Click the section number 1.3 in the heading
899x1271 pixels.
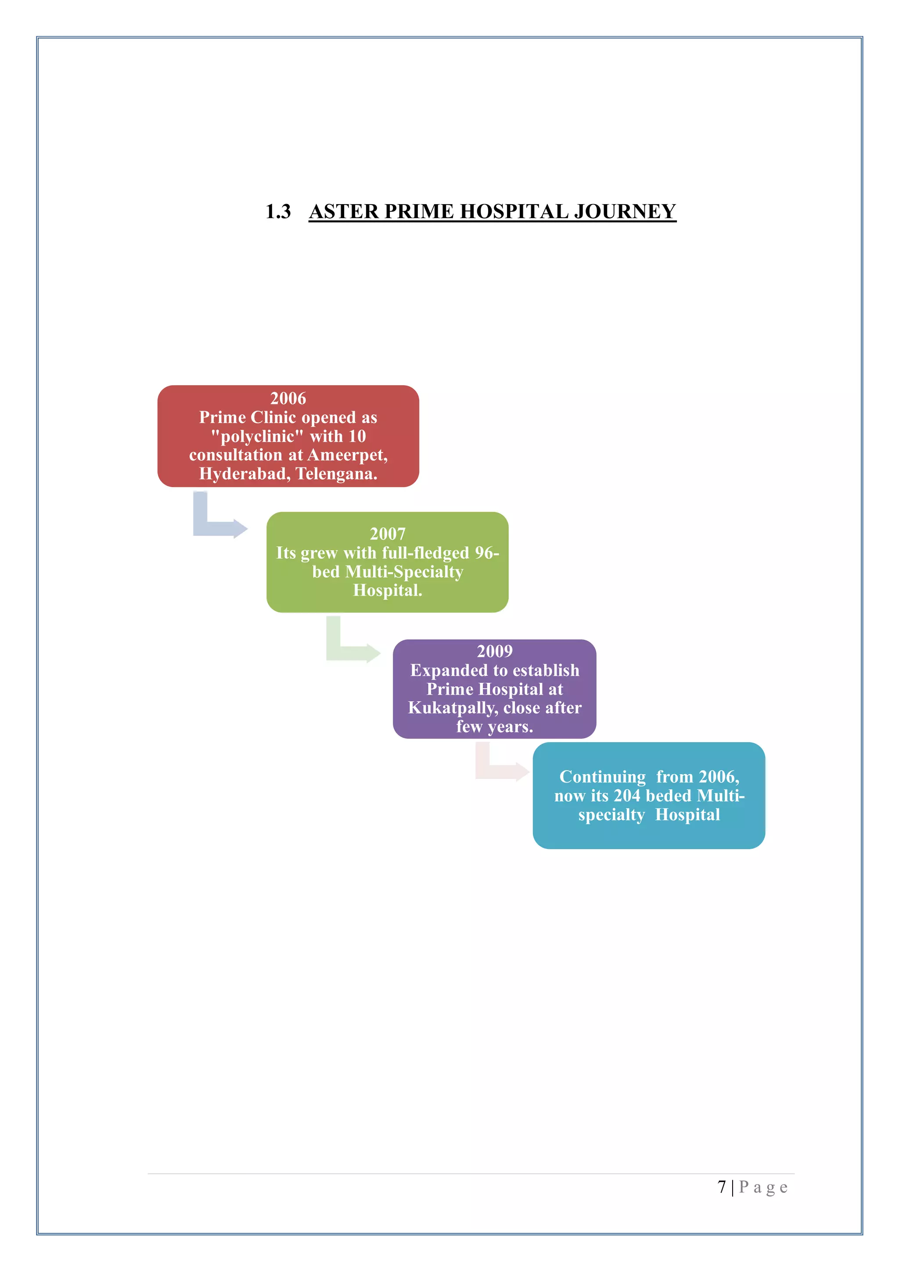278,212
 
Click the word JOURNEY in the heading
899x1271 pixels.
625,212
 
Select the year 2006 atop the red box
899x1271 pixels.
288,398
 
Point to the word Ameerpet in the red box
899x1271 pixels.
347,455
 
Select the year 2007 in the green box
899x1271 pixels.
388,534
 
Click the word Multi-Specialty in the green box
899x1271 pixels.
404,571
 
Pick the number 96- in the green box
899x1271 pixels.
487,553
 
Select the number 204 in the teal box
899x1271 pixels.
627,796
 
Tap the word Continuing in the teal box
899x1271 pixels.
602,777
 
